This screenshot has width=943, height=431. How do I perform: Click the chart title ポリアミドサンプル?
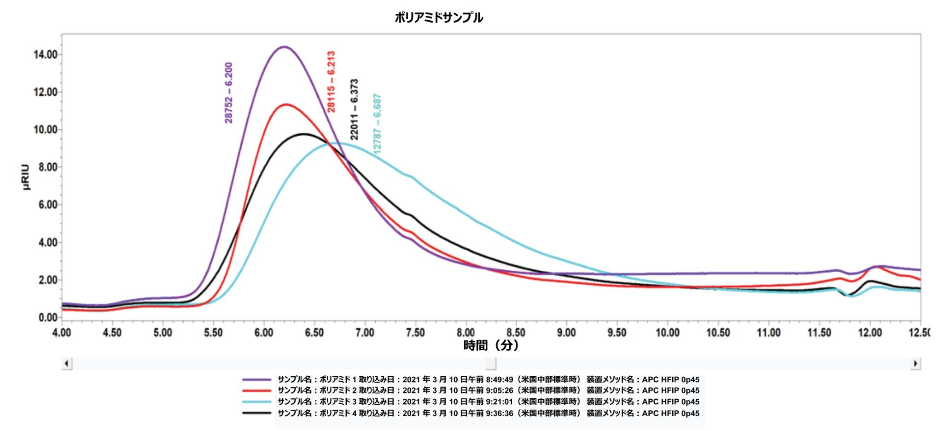[x=438, y=18]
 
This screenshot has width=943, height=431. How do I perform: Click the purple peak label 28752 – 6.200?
[x=228, y=93]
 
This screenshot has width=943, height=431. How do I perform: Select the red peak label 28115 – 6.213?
[x=331, y=82]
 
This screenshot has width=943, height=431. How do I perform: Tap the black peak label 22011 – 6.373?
[x=354, y=109]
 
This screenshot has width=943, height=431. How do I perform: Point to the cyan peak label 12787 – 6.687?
[x=377, y=124]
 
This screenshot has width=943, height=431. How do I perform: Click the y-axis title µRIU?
[x=26, y=177]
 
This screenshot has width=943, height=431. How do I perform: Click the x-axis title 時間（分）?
[x=491, y=345]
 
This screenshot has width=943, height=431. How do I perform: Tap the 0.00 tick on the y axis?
[x=47, y=317]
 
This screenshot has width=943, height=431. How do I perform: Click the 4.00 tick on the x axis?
[x=62, y=333]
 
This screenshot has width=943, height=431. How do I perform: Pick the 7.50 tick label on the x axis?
[x=415, y=333]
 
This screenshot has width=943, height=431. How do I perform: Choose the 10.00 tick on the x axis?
[x=668, y=333]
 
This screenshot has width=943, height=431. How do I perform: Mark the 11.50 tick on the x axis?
[x=819, y=333]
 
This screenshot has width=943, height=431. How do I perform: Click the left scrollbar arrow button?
[x=67, y=363]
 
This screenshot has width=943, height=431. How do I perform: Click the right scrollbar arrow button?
[x=915, y=363]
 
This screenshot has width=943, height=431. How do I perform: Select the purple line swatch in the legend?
[x=256, y=379]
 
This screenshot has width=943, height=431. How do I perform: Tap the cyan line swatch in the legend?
[x=256, y=402]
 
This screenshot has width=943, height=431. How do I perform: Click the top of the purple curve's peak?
[x=284, y=46]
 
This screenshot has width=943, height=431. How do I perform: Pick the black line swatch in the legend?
[x=256, y=413]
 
